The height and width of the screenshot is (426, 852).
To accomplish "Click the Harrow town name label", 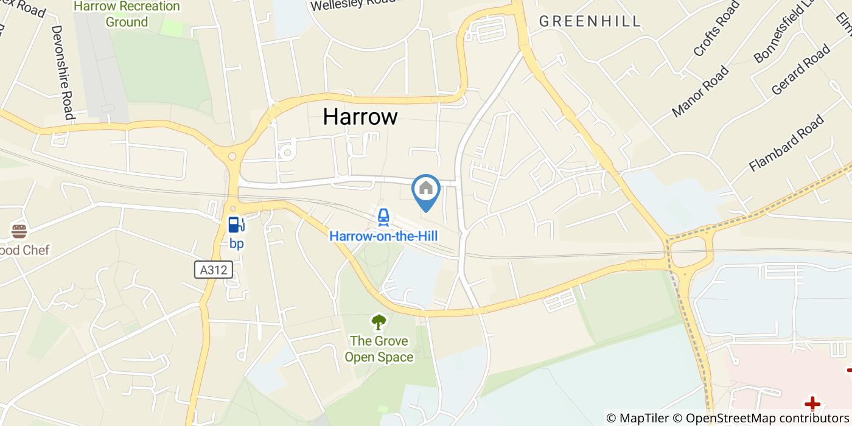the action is coord(360,116).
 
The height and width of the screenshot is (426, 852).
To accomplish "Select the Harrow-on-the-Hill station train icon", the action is coord(383,217).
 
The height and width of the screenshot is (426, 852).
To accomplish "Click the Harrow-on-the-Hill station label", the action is coord(383,236).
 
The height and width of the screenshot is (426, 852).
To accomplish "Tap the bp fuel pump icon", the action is coord(236,225).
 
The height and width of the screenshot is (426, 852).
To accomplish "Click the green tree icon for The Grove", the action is coord(379,321).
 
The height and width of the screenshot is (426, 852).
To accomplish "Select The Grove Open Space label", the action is coord(379,349).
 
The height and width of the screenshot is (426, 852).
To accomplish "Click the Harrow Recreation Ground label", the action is coord(127,14).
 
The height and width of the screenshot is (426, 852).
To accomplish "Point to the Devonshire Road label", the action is coord(62,72).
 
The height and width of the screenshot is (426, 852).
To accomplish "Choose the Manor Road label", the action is coord(700,91).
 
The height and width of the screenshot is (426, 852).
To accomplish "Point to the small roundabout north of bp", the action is coord(232,156).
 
